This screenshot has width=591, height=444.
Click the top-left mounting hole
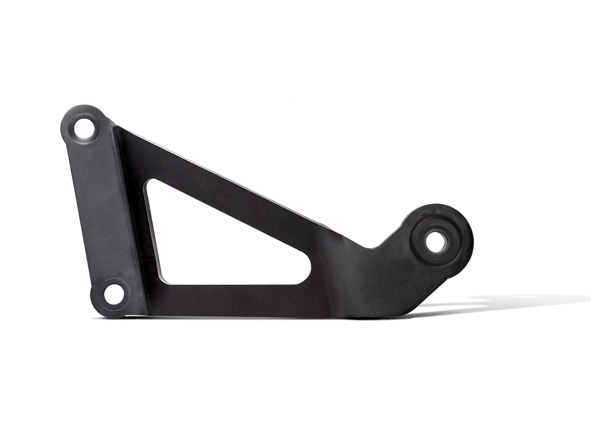[x=84, y=127]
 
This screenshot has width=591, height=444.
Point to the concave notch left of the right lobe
[x=374, y=246]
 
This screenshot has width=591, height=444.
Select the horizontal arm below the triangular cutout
[x=245, y=301]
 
